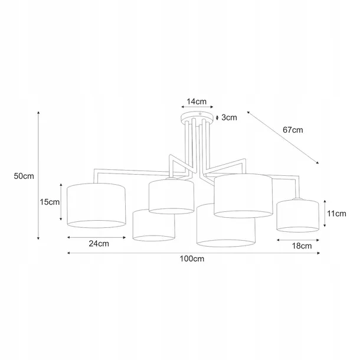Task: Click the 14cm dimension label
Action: tap(197, 102)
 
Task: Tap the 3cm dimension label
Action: tap(229, 117)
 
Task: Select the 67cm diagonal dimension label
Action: tap(293, 130)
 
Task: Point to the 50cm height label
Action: tap(24, 176)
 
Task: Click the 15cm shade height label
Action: tap(50, 202)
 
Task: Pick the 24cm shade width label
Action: tap(99, 244)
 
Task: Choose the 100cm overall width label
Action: tap(192, 258)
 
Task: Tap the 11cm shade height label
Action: tap(336, 214)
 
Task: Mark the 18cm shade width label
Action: tap(302, 246)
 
